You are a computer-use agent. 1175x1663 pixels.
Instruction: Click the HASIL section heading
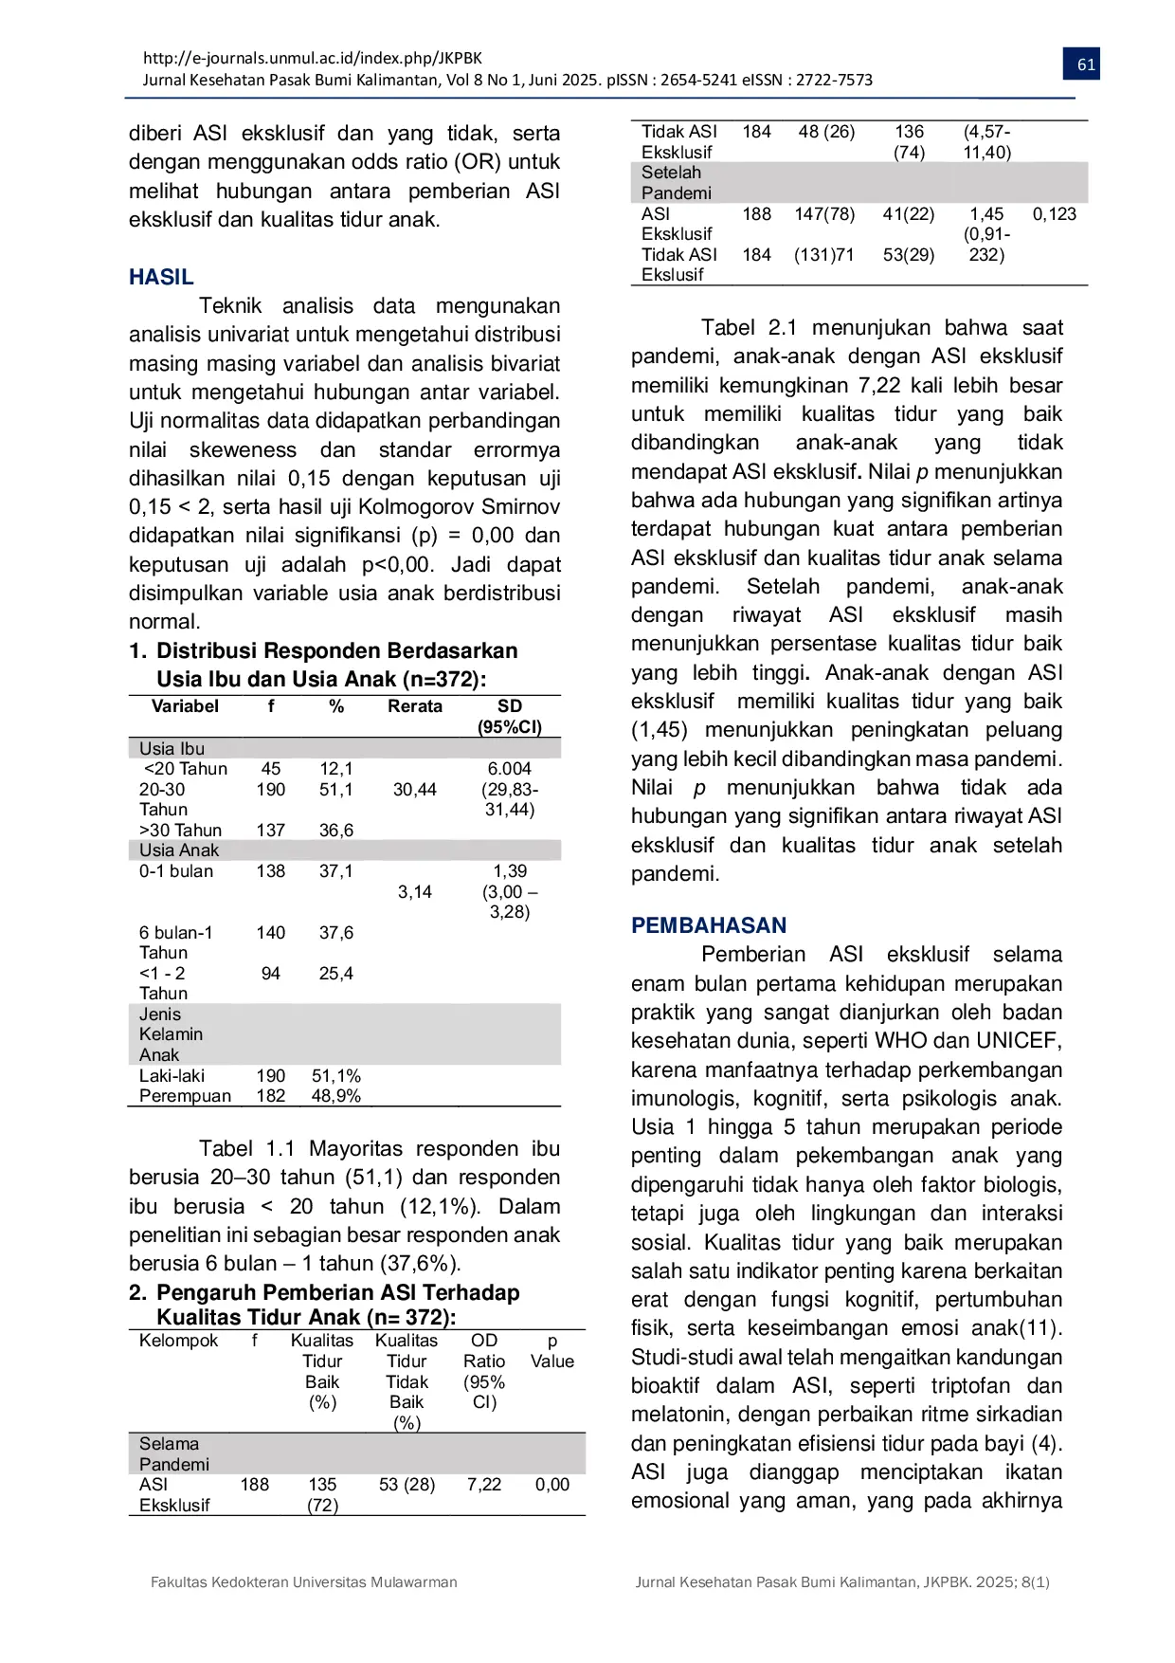click(161, 277)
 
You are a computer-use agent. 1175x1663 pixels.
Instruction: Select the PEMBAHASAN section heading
click(709, 925)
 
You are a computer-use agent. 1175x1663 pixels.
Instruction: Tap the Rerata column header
click(415, 706)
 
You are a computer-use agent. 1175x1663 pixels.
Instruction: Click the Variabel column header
click(185, 706)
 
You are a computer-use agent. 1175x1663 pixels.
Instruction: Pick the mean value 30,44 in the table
click(415, 790)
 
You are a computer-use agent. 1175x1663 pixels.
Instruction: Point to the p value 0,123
click(1055, 214)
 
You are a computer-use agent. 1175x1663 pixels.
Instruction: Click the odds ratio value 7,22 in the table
click(484, 1485)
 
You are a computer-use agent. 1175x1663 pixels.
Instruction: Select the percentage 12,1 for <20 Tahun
click(336, 769)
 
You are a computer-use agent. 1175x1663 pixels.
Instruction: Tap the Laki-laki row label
click(172, 1076)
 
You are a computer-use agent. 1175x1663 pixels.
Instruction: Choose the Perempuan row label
click(185, 1096)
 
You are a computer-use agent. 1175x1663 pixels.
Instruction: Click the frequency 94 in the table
click(271, 974)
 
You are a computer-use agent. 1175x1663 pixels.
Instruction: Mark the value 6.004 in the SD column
click(510, 769)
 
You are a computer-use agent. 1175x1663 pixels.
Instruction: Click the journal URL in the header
click(312, 58)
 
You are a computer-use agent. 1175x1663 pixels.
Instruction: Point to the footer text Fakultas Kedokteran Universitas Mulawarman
click(304, 1582)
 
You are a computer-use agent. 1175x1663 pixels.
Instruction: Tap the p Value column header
click(552, 1351)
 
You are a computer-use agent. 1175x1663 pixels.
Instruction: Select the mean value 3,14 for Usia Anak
click(415, 892)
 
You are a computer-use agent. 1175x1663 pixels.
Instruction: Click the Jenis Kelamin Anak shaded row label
click(171, 1034)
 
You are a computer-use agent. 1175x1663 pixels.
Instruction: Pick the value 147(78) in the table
click(824, 214)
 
